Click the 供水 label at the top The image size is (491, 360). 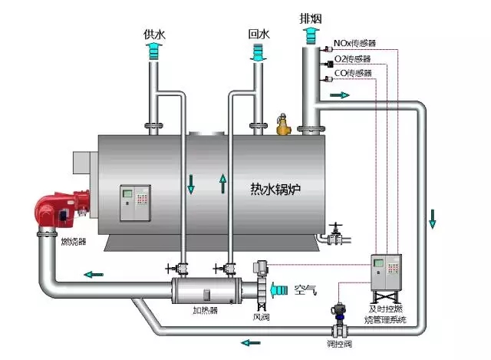[x=154, y=35]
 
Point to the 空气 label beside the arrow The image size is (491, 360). [x=305, y=289]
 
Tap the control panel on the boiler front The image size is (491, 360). [x=135, y=202]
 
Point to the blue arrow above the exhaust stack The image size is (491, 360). [x=311, y=34]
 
